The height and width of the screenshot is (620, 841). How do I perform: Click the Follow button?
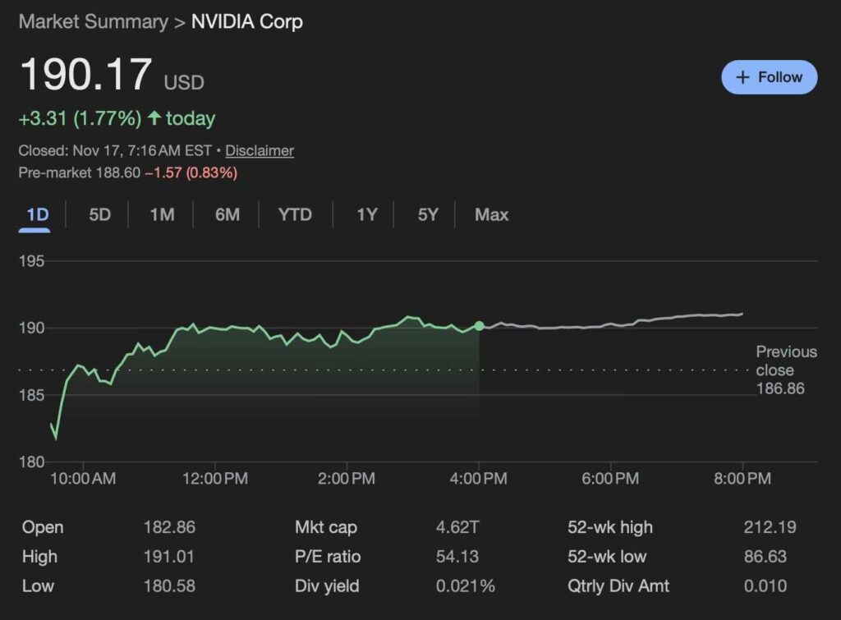[x=769, y=77]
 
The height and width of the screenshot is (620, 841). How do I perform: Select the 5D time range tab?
[x=99, y=215]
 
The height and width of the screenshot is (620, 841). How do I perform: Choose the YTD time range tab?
[x=295, y=215]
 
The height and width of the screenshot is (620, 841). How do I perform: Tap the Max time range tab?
[x=491, y=215]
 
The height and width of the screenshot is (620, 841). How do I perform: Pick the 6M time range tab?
[x=227, y=215]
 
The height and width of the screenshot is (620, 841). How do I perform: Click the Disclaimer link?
[x=260, y=151]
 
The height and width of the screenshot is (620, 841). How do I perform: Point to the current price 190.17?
[x=85, y=76]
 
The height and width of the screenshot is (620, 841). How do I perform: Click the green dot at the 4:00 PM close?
[x=480, y=326]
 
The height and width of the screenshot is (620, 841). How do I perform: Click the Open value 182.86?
[x=169, y=528]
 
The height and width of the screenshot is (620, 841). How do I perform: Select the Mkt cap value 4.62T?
[x=457, y=528]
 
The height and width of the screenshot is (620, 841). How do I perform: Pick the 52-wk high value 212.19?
[x=770, y=528]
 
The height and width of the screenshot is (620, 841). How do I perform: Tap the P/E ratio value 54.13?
[x=457, y=557]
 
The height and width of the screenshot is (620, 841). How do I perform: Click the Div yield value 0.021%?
[x=466, y=586]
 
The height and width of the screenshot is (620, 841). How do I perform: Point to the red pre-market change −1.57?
[x=163, y=173]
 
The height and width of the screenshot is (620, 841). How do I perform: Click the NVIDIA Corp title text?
[x=246, y=22]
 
